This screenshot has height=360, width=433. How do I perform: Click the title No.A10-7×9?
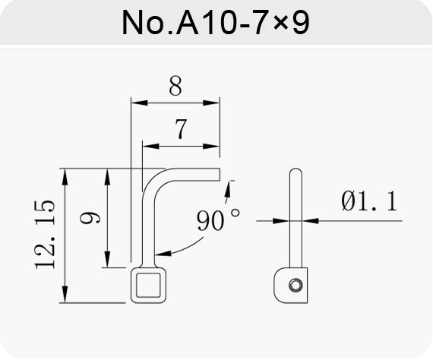[x=216, y=22]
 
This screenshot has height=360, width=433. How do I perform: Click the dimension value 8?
[x=175, y=86]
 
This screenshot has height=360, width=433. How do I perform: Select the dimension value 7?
[x=181, y=128]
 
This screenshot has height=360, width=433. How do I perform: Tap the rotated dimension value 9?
[x=90, y=217]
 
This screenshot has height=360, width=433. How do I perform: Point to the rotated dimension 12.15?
[x=45, y=234]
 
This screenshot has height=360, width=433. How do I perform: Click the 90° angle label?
[x=218, y=220]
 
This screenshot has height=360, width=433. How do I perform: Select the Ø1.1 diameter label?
[x=369, y=201]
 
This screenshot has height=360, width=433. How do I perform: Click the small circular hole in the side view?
[x=296, y=285]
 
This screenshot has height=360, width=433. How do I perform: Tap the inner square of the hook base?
[x=148, y=285]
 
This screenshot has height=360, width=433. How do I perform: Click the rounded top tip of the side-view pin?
[x=296, y=169]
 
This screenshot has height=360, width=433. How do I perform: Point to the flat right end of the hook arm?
[x=220, y=174]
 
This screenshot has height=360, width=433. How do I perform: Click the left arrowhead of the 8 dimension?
[x=139, y=103]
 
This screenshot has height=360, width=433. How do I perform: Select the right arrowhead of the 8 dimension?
[x=211, y=103]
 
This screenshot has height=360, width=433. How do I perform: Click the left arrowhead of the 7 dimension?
[x=150, y=147]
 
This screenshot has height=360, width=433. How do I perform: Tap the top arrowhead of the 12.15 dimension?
[x=65, y=177]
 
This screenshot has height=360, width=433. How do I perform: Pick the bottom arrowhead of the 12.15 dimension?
[x=65, y=295]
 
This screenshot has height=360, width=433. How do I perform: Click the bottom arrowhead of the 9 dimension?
[x=107, y=259]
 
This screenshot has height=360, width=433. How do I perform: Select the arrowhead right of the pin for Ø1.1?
[x=311, y=221]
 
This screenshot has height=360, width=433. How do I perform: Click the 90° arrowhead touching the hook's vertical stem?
[x=163, y=253]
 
